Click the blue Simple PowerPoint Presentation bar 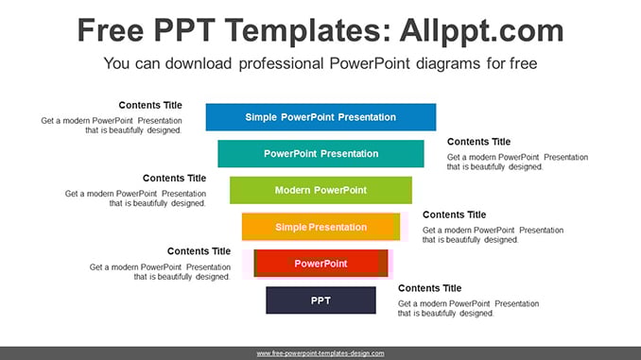pos(320,117)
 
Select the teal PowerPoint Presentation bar pos(320,154)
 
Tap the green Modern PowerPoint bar pos(320,190)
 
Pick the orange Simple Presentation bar pos(320,227)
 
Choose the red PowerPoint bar pos(320,264)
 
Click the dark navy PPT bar pos(320,300)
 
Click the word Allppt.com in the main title pos(481,31)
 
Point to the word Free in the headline pos(111,30)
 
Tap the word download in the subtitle pos(199,63)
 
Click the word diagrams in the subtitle pos(448,64)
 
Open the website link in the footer pos(320,353)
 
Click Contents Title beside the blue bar pos(150,105)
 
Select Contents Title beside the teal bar pos(478,142)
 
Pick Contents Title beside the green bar pos(175,179)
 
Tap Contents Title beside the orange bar pos(454,214)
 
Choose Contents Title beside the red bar pos(199,251)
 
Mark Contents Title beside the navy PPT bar pos(429,288)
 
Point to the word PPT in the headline pos(184,30)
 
